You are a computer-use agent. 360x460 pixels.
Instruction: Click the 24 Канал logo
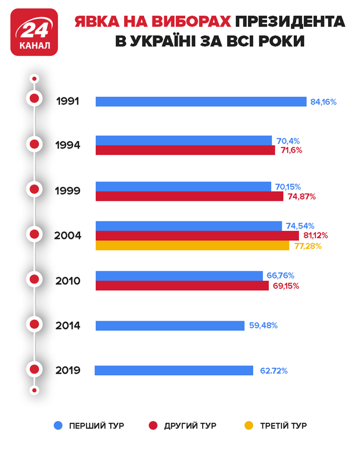click(x=34, y=32)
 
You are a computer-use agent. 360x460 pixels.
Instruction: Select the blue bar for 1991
click(x=201, y=102)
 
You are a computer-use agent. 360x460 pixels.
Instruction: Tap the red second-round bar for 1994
click(x=185, y=150)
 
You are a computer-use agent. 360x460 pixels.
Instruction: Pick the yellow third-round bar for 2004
click(x=192, y=246)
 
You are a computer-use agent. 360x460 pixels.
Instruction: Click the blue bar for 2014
click(x=170, y=325)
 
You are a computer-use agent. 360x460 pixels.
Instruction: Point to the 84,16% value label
click(x=323, y=102)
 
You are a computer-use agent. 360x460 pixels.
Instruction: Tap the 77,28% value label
click(x=307, y=246)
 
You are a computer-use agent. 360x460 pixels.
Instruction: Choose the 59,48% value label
click(x=263, y=325)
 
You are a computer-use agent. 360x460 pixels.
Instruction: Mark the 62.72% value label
click(x=272, y=370)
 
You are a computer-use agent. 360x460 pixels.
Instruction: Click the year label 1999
click(x=68, y=190)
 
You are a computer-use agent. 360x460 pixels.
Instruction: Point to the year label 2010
click(x=68, y=281)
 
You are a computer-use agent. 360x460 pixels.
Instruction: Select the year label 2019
click(x=68, y=370)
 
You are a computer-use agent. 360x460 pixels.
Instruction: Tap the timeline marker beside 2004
click(x=35, y=235)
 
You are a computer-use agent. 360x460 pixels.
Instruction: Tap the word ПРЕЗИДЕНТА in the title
click(x=290, y=22)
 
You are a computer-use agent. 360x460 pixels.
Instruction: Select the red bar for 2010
click(x=182, y=286)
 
